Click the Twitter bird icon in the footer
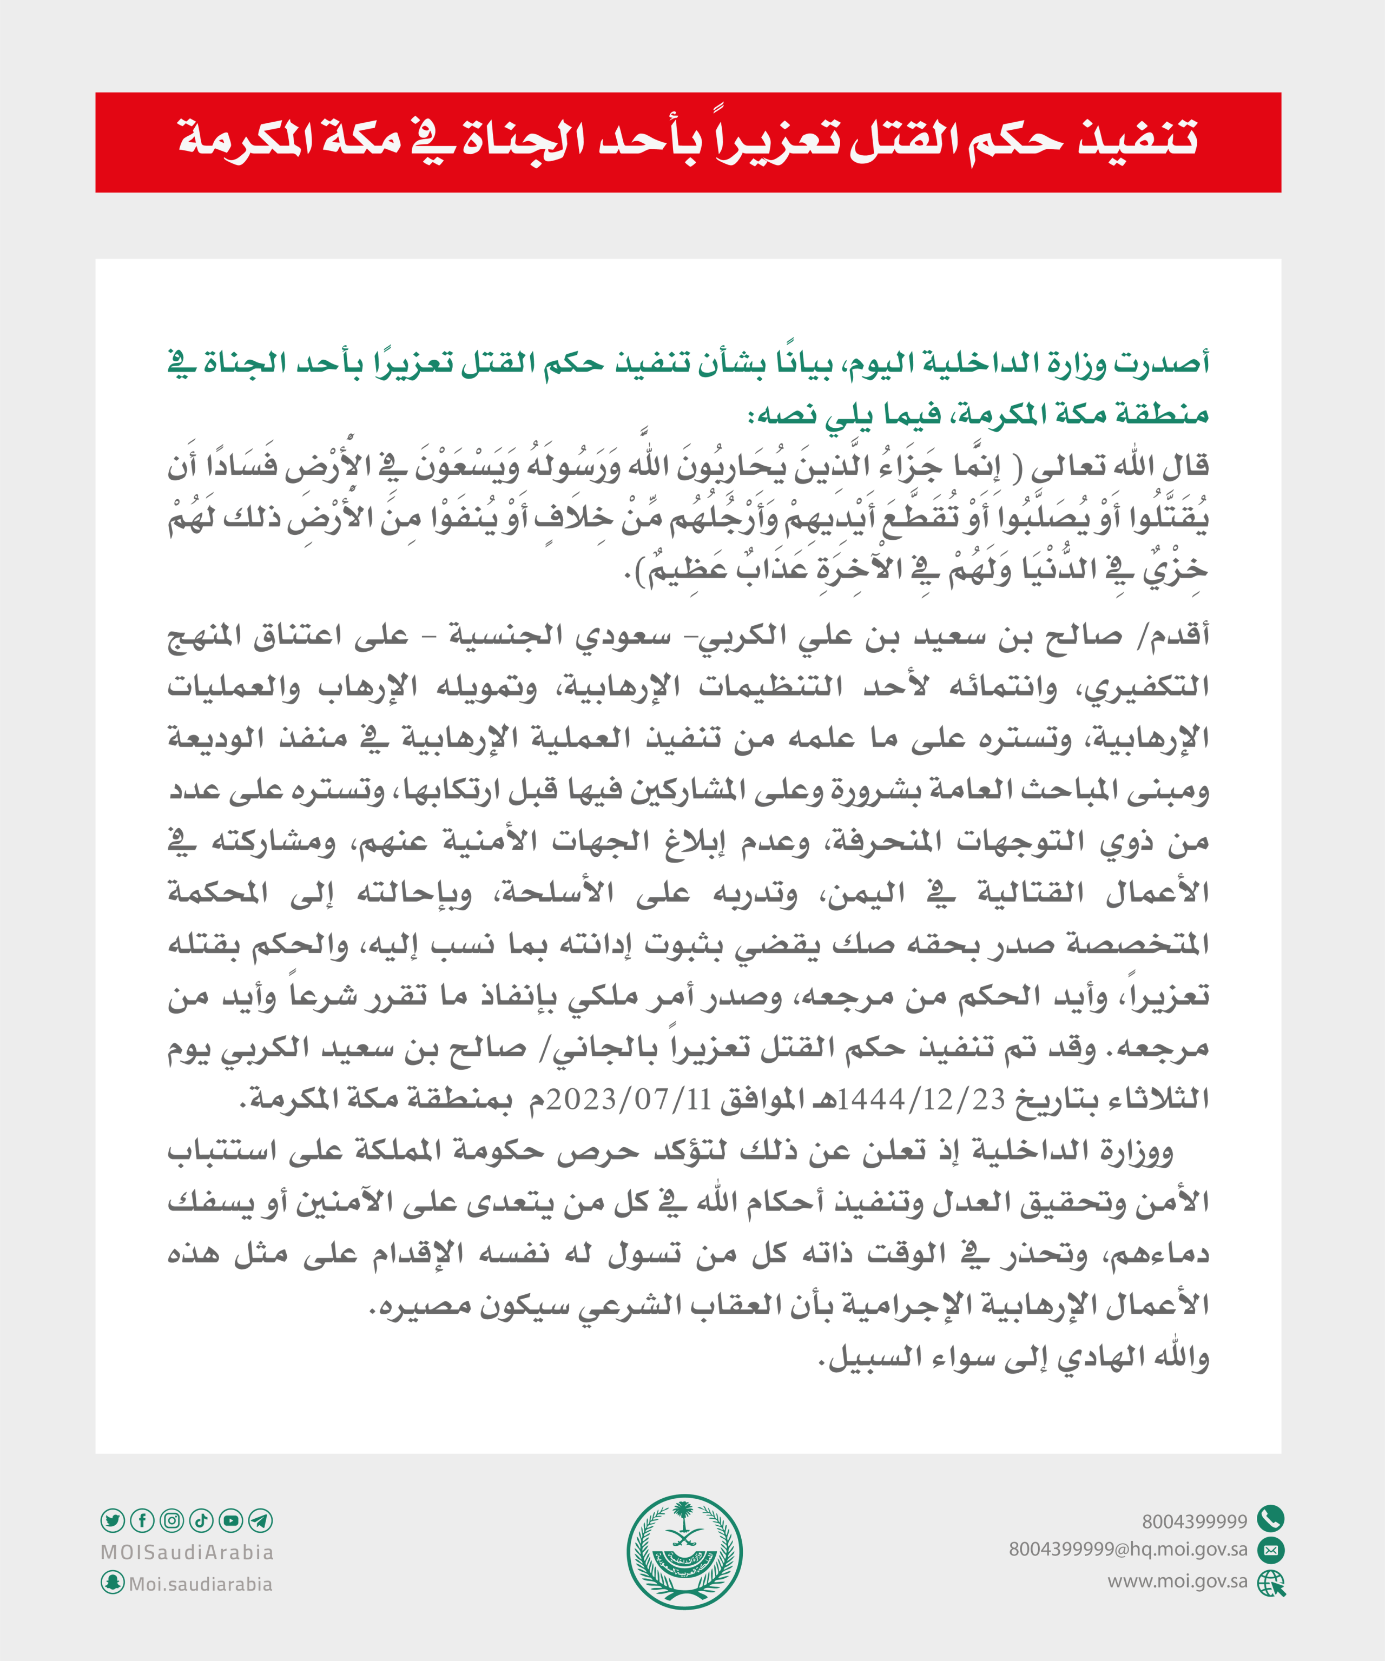[x=113, y=1520]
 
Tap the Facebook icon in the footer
[x=142, y=1520]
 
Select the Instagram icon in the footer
[x=172, y=1520]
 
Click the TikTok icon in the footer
[x=201, y=1520]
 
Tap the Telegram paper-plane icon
[x=260, y=1520]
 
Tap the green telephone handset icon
[x=1270, y=1519]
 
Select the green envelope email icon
[x=1270, y=1550]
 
